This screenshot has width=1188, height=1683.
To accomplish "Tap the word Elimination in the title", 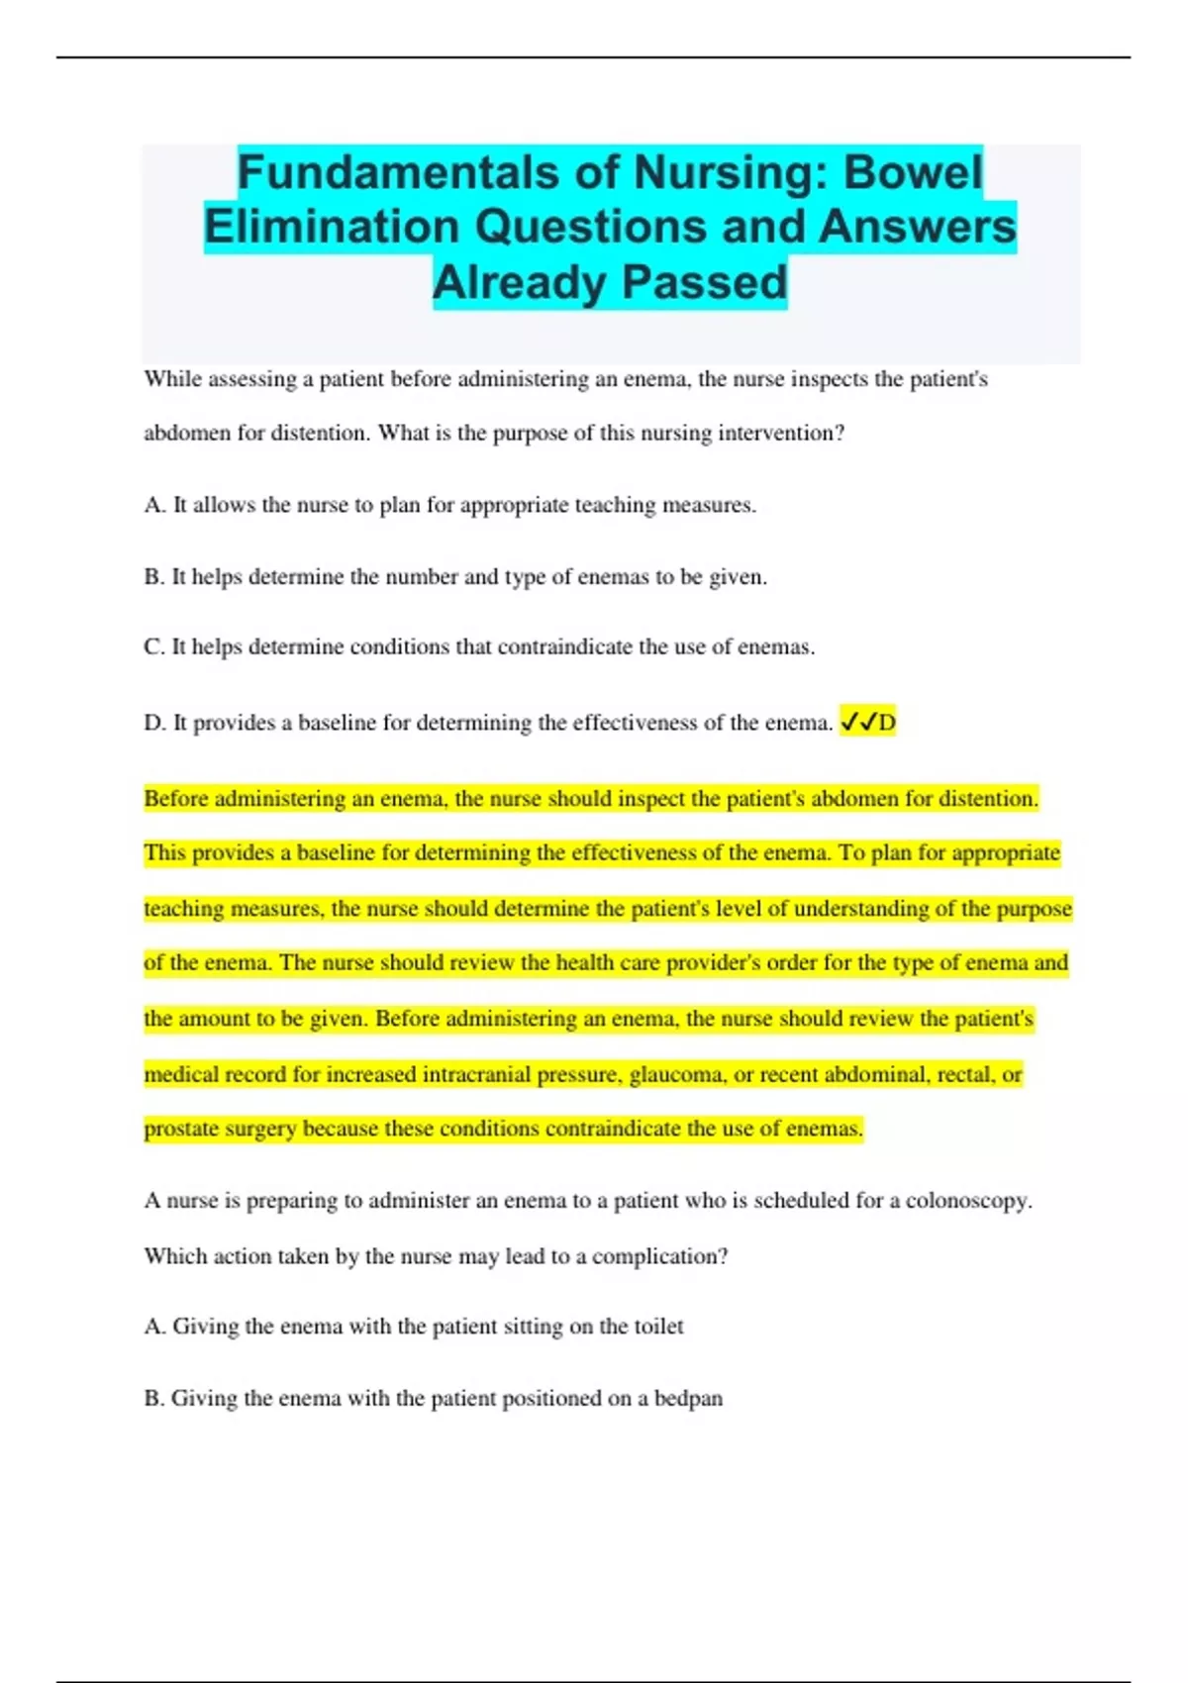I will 333,227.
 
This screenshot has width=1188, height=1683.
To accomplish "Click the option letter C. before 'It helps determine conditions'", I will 154,647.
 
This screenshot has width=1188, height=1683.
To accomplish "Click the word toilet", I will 658,1327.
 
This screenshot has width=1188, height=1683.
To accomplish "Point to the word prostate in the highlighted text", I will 180,1130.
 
